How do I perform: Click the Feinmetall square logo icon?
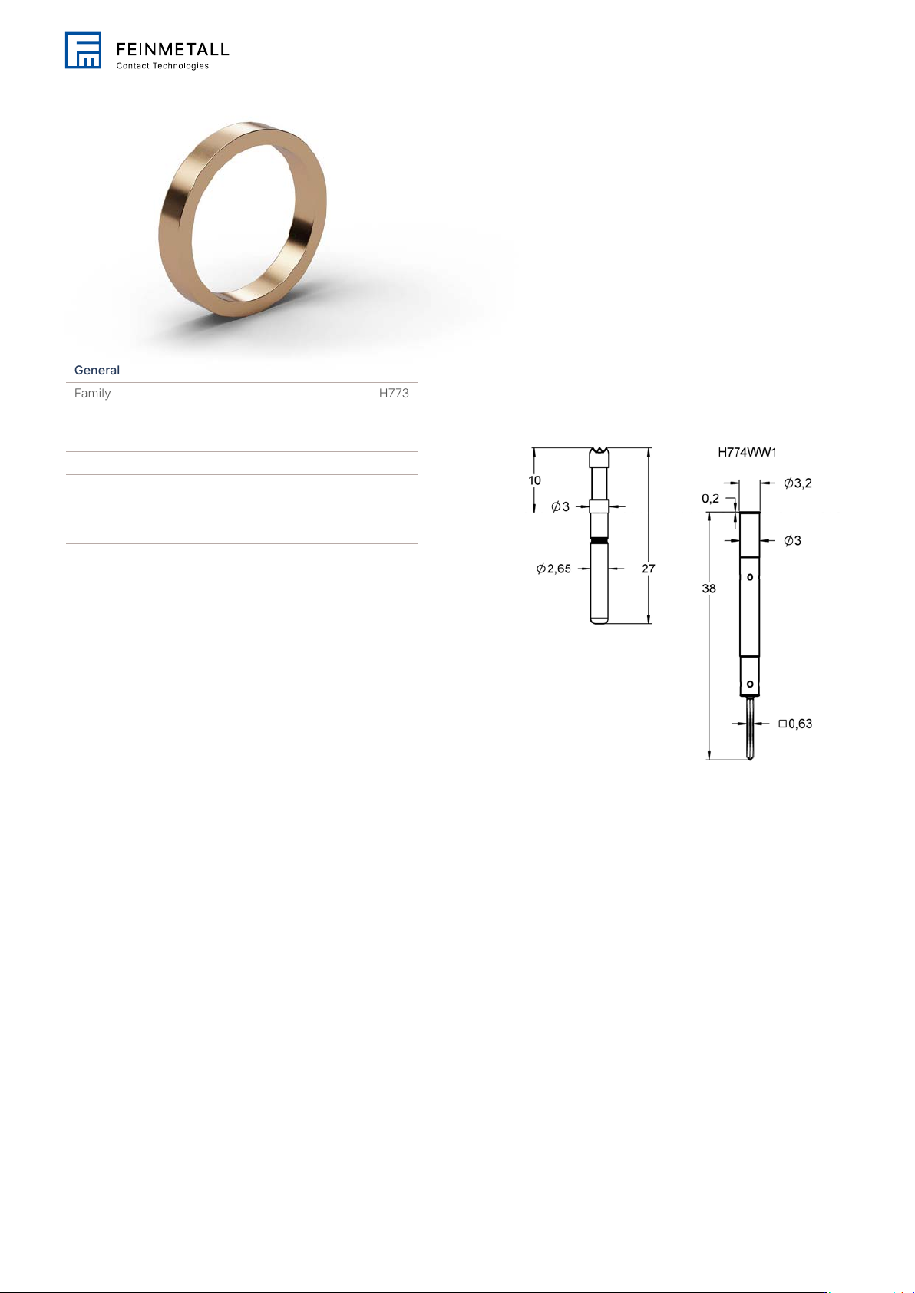click(83, 50)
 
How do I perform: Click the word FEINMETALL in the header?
click(173, 49)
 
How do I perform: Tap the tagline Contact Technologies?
click(163, 66)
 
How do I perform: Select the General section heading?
click(97, 370)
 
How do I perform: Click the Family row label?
click(92, 393)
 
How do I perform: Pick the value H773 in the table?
click(394, 393)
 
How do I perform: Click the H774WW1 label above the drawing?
click(747, 452)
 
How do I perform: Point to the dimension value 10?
click(534, 480)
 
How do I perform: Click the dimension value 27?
click(649, 569)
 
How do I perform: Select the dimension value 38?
click(709, 589)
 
